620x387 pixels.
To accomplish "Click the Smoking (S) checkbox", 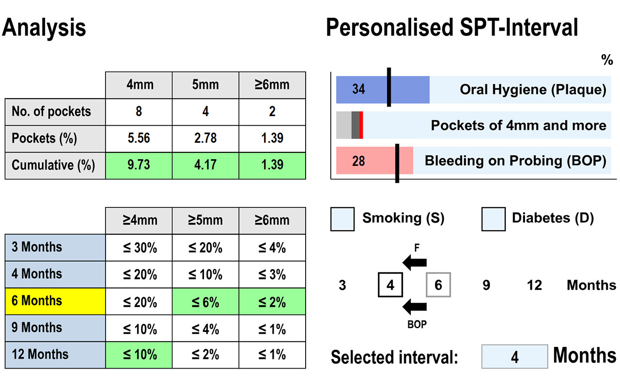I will tap(343, 219).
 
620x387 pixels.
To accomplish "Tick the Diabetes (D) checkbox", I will tap(494, 219).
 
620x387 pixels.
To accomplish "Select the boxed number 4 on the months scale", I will tap(390, 285).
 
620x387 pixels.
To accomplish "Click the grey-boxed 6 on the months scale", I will tap(438, 285).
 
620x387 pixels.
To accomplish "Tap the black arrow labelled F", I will tap(415, 263).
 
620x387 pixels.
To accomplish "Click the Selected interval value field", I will tap(514, 357).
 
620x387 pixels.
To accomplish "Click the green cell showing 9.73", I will tap(139, 165).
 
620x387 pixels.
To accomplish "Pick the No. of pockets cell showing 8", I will tap(139, 112).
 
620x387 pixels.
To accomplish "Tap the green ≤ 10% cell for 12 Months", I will tap(139, 355).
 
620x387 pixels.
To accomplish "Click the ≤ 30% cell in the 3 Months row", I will tap(139, 248).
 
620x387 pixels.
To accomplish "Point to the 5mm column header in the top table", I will tap(205, 85).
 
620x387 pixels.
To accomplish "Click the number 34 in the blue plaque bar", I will tap(358, 89).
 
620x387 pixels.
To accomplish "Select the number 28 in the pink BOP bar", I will tap(358, 161).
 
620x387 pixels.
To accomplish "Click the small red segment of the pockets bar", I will tap(361, 125).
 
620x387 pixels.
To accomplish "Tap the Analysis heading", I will tap(44, 28).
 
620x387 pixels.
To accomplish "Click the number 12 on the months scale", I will tap(534, 285).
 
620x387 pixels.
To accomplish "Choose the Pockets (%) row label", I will tap(55, 138).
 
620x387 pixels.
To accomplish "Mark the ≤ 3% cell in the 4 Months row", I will tap(272, 274).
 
